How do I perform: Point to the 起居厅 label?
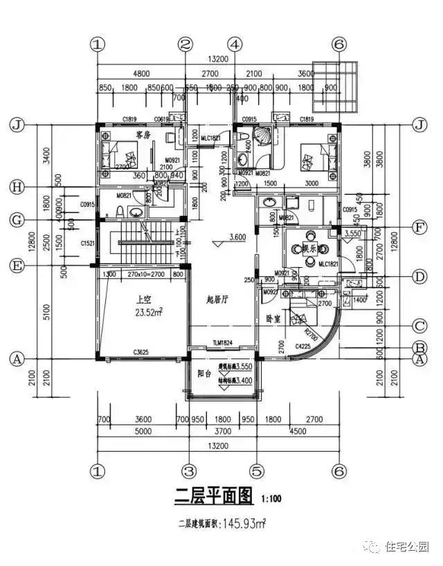tap(218, 299)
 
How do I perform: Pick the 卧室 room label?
tap(275, 320)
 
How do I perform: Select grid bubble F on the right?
tap(418, 226)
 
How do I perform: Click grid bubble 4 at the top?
tap(236, 44)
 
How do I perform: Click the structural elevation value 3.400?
tap(237, 379)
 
